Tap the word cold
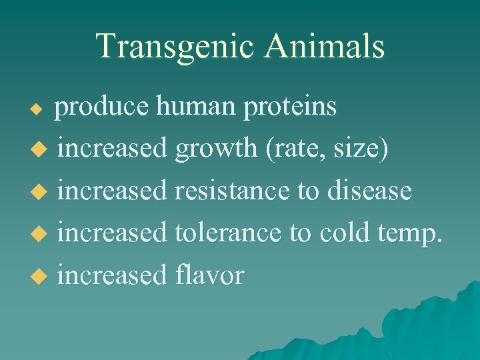pos(342,233)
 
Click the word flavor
pos(209,274)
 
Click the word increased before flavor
pos(111,274)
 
